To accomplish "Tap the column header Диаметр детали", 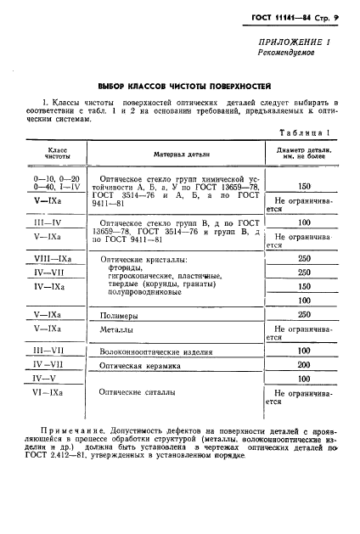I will click(304, 154).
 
